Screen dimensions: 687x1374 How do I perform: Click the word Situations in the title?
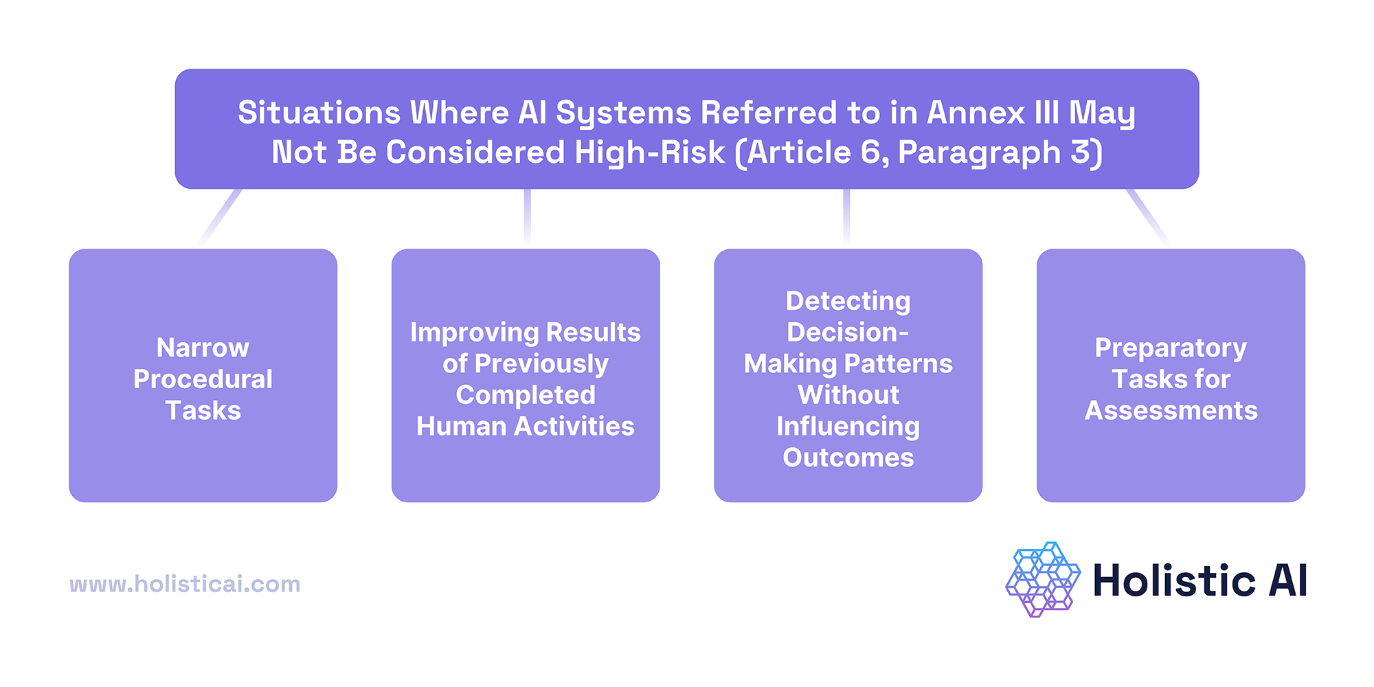click(x=319, y=113)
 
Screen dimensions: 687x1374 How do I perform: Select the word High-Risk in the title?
click(x=649, y=153)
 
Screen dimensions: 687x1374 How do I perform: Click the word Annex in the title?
click(x=976, y=113)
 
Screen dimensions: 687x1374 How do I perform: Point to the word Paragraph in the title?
click(x=979, y=153)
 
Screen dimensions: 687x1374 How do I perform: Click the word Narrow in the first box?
click(x=203, y=348)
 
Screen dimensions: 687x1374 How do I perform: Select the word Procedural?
click(x=203, y=379)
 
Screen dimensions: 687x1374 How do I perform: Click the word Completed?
click(x=526, y=395)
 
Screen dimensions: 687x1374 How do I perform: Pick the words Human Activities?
click(x=526, y=427)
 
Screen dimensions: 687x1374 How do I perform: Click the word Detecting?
click(x=848, y=301)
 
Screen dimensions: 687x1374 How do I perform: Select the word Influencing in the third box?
click(x=848, y=427)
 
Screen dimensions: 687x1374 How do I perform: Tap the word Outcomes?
click(x=848, y=458)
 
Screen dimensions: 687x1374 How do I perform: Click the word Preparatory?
click(x=1170, y=348)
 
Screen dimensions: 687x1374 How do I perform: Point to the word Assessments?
click(x=1171, y=411)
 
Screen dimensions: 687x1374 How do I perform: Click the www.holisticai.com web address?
click(x=185, y=584)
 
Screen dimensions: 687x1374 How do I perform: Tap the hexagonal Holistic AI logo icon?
click(x=1042, y=579)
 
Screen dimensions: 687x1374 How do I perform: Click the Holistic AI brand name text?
click(x=1200, y=581)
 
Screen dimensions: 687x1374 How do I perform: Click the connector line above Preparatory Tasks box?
click(x=1147, y=216)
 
